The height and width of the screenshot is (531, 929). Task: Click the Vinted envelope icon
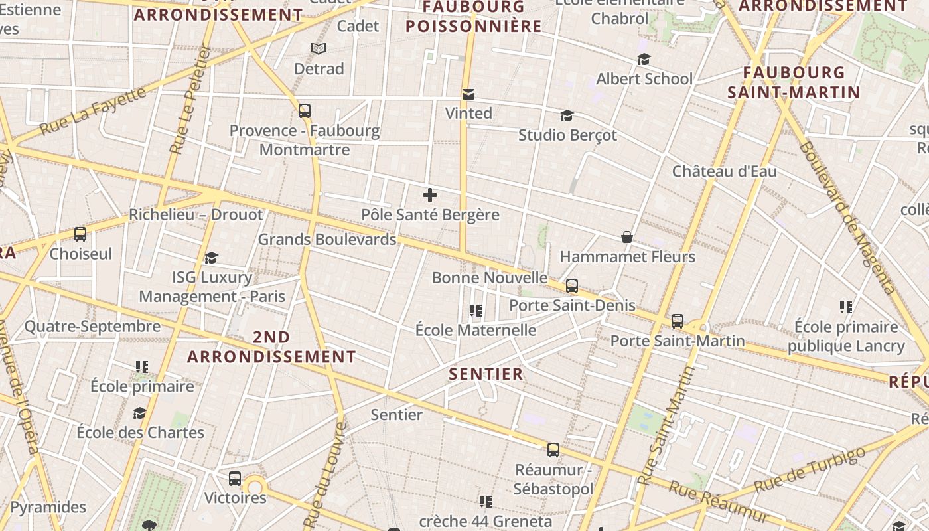click(x=468, y=94)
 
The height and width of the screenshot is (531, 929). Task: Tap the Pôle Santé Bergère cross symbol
click(x=430, y=195)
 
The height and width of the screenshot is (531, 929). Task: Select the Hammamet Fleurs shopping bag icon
click(x=626, y=237)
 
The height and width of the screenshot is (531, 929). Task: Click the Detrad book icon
click(x=319, y=49)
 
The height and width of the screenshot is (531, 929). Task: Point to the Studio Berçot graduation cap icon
click(x=567, y=116)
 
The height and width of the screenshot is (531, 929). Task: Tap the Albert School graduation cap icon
click(x=644, y=60)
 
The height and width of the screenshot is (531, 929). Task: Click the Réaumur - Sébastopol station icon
click(x=553, y=450)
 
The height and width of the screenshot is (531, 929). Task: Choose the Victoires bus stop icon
click(x=234, y=478)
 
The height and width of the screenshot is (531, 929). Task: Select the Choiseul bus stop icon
click(x=80, y=234)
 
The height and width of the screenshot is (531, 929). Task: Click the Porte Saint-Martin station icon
click(x=678, y=321)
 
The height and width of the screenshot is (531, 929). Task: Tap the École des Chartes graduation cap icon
click(x=139, y=413)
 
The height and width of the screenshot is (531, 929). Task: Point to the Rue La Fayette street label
click(x=93, y=112)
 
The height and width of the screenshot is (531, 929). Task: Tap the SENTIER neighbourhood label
click(x=486, y=374)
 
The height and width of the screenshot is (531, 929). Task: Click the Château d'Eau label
click(x=724, y=171)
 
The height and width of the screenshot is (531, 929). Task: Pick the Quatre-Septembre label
click(x=92, y=326)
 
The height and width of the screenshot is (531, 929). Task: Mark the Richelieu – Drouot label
click(x=196, y=215)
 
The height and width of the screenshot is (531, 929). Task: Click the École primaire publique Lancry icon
click(x=845, y=307)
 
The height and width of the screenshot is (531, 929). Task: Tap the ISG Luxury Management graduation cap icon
click(x=212, y=258)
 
